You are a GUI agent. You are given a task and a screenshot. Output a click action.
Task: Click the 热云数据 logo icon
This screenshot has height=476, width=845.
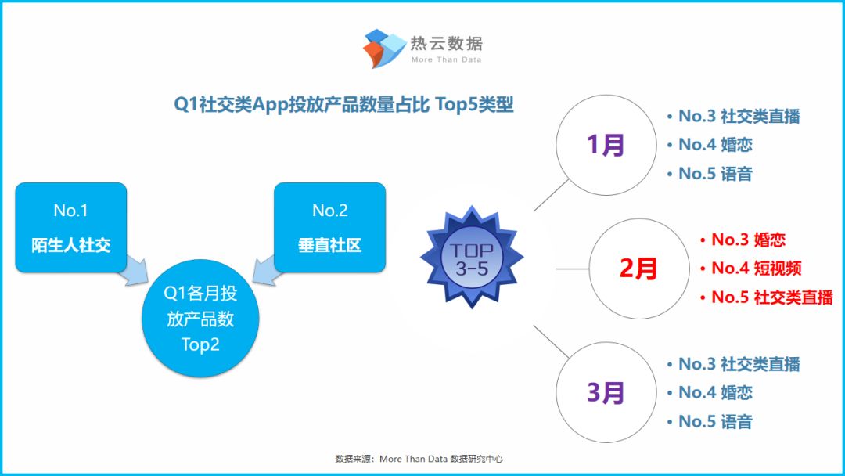click(x=384, y=49)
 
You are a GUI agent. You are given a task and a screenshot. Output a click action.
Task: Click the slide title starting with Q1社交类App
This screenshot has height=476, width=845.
click(x=343, y=104)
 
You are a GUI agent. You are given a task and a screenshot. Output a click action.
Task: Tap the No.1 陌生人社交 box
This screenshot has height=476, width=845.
click(x=71, y=228)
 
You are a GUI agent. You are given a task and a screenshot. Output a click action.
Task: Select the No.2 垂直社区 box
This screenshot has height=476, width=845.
click(x=330, y=228)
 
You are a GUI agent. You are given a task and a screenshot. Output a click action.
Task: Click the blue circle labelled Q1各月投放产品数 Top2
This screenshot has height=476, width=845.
click(x=200, y=319)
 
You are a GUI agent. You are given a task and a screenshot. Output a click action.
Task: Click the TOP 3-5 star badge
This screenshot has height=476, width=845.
click(x=472, y=258)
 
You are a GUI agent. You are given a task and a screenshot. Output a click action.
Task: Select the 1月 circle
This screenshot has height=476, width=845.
click(x=606, y=145)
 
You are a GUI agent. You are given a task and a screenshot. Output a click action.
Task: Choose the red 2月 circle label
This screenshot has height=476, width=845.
click(x=638, y=269)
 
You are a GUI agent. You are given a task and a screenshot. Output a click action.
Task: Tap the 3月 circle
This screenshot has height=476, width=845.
click(x=606, y=392)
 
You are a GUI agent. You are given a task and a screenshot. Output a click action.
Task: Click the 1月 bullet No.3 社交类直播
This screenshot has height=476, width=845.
click(x=734, y=116)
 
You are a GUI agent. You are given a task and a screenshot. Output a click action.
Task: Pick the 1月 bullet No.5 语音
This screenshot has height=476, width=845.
click(x=710, y=174)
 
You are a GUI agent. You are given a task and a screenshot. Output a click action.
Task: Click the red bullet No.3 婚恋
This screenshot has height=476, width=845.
click(x=743, y=240)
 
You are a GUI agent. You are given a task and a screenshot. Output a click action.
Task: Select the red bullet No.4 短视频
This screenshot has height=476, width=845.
click(x=751, y=268)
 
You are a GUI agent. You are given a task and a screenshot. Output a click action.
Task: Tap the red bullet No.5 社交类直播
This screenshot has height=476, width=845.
click(x=767, y=297)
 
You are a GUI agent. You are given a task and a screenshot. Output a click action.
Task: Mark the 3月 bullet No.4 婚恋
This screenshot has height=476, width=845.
click(x=710, y=392)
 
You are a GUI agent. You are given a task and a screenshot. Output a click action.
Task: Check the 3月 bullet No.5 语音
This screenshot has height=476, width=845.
click(x=710, y=421)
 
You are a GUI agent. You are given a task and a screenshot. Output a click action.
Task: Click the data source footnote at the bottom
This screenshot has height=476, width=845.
click(x=419, y=459)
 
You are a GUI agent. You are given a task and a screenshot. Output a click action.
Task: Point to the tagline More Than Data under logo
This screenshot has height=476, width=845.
click(x=446, y=59)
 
